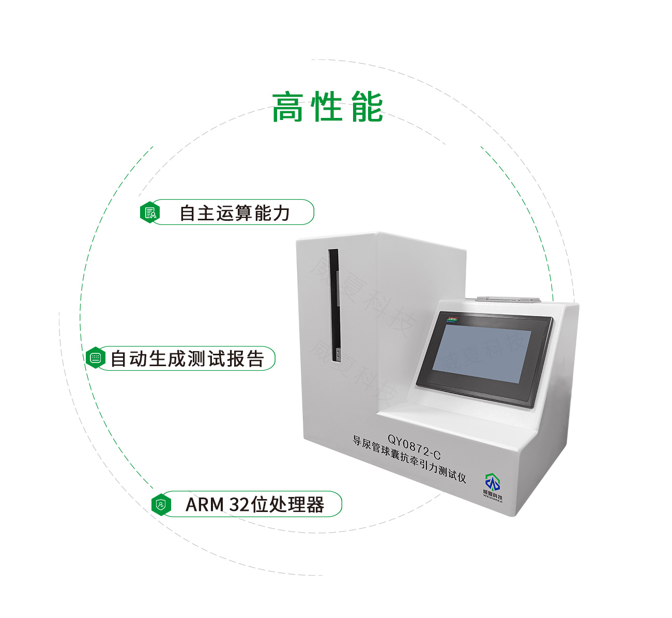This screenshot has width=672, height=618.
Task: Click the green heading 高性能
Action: click(x=327, y=108)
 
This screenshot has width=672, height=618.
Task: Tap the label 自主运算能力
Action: click(x=234, y=213)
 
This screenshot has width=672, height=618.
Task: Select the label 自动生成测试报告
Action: click(x=187, y=358)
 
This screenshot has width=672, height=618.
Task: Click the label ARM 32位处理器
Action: click(x=254, y=504)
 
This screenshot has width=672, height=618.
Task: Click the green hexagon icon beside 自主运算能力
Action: click(x=150, y=213)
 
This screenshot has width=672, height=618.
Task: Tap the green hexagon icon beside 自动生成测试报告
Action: click(x=95, y=358)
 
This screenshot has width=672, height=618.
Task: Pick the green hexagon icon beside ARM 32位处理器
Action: click(x=162, y=504)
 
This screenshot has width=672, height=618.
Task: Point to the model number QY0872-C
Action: click(x=414, y=447)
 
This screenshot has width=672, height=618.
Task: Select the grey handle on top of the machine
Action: click(x=508, y=299)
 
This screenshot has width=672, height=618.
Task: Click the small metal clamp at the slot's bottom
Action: click(x=337, y=354)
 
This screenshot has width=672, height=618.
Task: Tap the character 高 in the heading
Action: click(x=287, y=108)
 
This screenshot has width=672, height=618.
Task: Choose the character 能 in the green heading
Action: click(x=367, y=108)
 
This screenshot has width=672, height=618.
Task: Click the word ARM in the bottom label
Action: click(x=205, y=504)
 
